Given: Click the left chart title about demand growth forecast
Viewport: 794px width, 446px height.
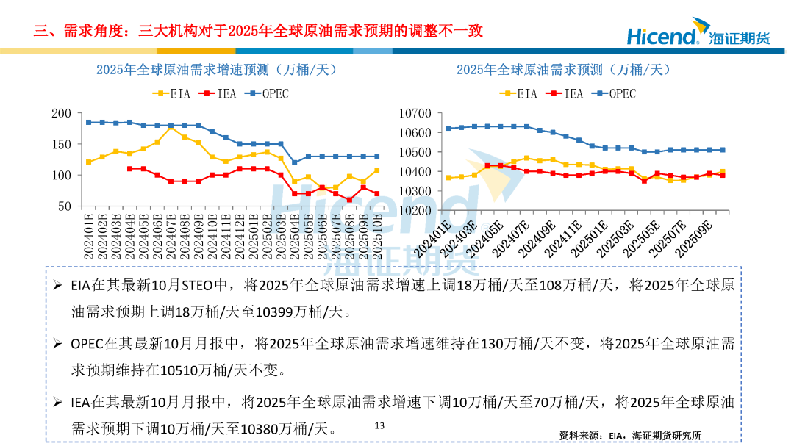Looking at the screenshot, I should click(215, 70).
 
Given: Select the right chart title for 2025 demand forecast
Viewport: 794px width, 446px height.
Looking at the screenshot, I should click(563, 70).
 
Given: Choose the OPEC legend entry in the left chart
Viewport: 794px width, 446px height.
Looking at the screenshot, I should click(267, 93).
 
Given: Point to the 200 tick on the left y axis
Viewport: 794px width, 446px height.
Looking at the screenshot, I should click(62, 114).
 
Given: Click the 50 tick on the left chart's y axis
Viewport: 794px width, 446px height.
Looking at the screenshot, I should click(65, 207).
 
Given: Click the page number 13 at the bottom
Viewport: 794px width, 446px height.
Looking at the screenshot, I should click(379, 425).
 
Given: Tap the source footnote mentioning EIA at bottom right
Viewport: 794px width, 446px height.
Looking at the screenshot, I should click(630, 435).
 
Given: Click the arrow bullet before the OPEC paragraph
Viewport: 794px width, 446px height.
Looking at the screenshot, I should click(57, 342).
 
